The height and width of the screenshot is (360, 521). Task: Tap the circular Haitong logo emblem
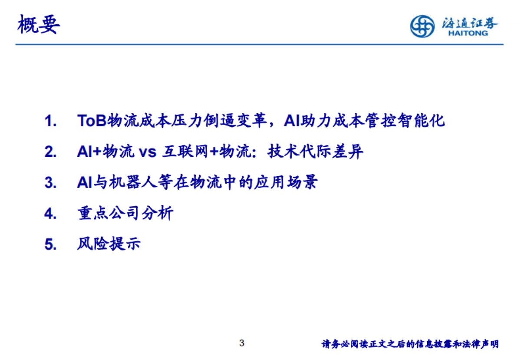tap(422, 26)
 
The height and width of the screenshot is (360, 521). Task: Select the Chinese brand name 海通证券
tap(470, 23)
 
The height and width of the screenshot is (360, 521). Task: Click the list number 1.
tap(50, 121)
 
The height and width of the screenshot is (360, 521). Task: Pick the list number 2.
tap(50, 152)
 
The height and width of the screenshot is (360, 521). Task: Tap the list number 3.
tap(50, 183)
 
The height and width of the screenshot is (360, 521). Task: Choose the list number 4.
tap(50, 214)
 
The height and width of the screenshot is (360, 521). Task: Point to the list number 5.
tap(50, 244)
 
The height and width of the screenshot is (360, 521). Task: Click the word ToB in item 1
tap(92, 121)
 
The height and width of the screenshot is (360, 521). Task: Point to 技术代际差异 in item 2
tap(315, 152)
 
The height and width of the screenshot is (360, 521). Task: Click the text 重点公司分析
tap(125, 213)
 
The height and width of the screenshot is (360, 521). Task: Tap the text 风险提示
tap(109, 244)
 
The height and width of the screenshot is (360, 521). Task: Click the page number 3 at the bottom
tap(242, 343)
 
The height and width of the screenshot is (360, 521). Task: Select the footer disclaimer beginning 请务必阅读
tap(410, 344)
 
